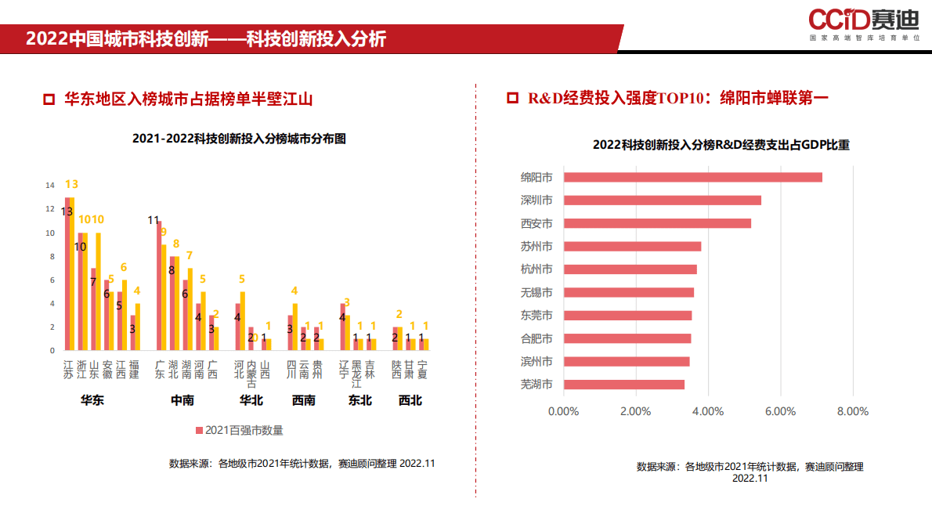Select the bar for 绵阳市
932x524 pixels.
692,177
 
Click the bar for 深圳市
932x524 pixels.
662,201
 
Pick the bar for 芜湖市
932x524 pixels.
623,385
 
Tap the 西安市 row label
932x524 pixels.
536,223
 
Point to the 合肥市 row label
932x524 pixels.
536,338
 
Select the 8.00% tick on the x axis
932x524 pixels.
852,411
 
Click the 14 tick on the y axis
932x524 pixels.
50,186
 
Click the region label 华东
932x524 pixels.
92,400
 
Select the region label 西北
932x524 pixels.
410,400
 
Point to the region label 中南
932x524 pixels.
182,400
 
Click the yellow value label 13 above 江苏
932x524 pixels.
71,184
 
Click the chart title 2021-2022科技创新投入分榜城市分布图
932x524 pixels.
239,139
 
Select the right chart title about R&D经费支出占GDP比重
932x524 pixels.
721,145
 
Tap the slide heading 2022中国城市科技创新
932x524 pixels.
206,39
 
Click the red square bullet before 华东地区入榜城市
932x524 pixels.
49,99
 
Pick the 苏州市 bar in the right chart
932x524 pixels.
632,247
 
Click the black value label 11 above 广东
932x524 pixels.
154,220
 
